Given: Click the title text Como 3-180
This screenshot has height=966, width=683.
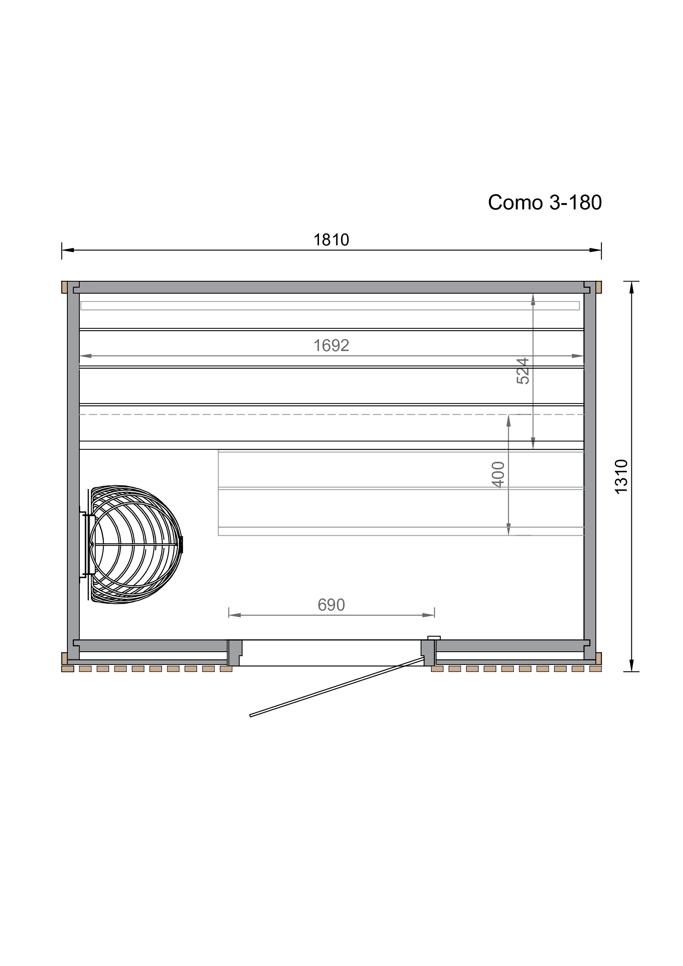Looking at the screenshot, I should pyautogui.click(x=545, y=202).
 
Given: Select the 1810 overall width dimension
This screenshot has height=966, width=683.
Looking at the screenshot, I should pyautogui.click(x=331, y=240).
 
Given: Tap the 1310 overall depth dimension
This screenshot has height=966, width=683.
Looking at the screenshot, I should pyautogui.click(x=621, y=476).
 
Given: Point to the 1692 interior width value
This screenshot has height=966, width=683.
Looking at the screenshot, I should pyautogui.click(x=331, y=345).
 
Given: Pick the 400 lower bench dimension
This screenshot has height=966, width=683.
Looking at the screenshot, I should pyautogui.click(x=498, y=474).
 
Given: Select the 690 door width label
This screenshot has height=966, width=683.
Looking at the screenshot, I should pyautogui.click(x=331, y=605).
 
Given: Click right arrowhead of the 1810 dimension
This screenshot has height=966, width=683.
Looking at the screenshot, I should pyautogui.click(x=595, y=250).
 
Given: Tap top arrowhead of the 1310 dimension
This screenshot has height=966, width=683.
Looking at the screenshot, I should pyautogui.click(x=631, y=287).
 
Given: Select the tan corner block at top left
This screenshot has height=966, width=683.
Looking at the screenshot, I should pyautogui.click(x=64, y=287).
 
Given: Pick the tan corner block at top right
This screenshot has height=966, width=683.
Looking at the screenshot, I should pyautogui.click(x=599, y=287).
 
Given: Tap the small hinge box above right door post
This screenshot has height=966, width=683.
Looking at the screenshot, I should pyautogui.click(x=433, y=638).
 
